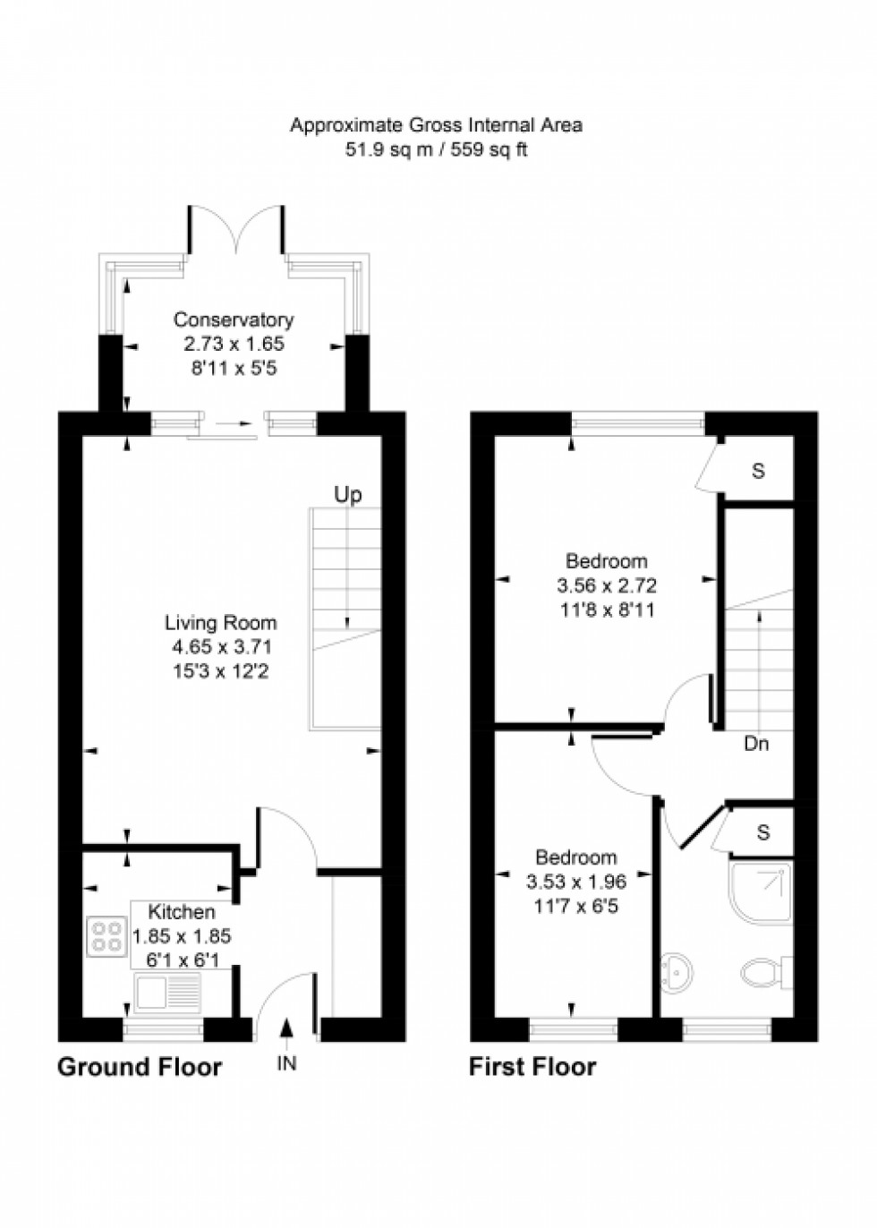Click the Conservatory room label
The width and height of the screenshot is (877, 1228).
[234, 320]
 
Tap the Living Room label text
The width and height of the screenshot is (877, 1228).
[220, 622]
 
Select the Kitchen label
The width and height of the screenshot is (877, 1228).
[182, 912]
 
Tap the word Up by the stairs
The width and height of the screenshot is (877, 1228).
[348, 495]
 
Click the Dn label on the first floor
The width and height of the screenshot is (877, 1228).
[756, 744]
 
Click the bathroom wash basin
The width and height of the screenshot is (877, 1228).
[677, 972]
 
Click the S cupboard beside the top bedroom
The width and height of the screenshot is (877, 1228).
[758, 471]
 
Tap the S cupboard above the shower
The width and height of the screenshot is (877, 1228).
[762, 832]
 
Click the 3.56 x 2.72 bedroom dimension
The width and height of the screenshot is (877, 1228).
[607, 586]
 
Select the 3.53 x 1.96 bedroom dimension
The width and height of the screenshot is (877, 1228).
[576, 882]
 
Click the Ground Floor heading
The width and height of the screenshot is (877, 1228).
[140, 1067]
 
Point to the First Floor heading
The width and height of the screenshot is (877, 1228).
[532, 1067]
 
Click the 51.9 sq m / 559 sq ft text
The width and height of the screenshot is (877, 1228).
[437, 149]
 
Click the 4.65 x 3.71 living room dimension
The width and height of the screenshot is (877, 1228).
[222, 646]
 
